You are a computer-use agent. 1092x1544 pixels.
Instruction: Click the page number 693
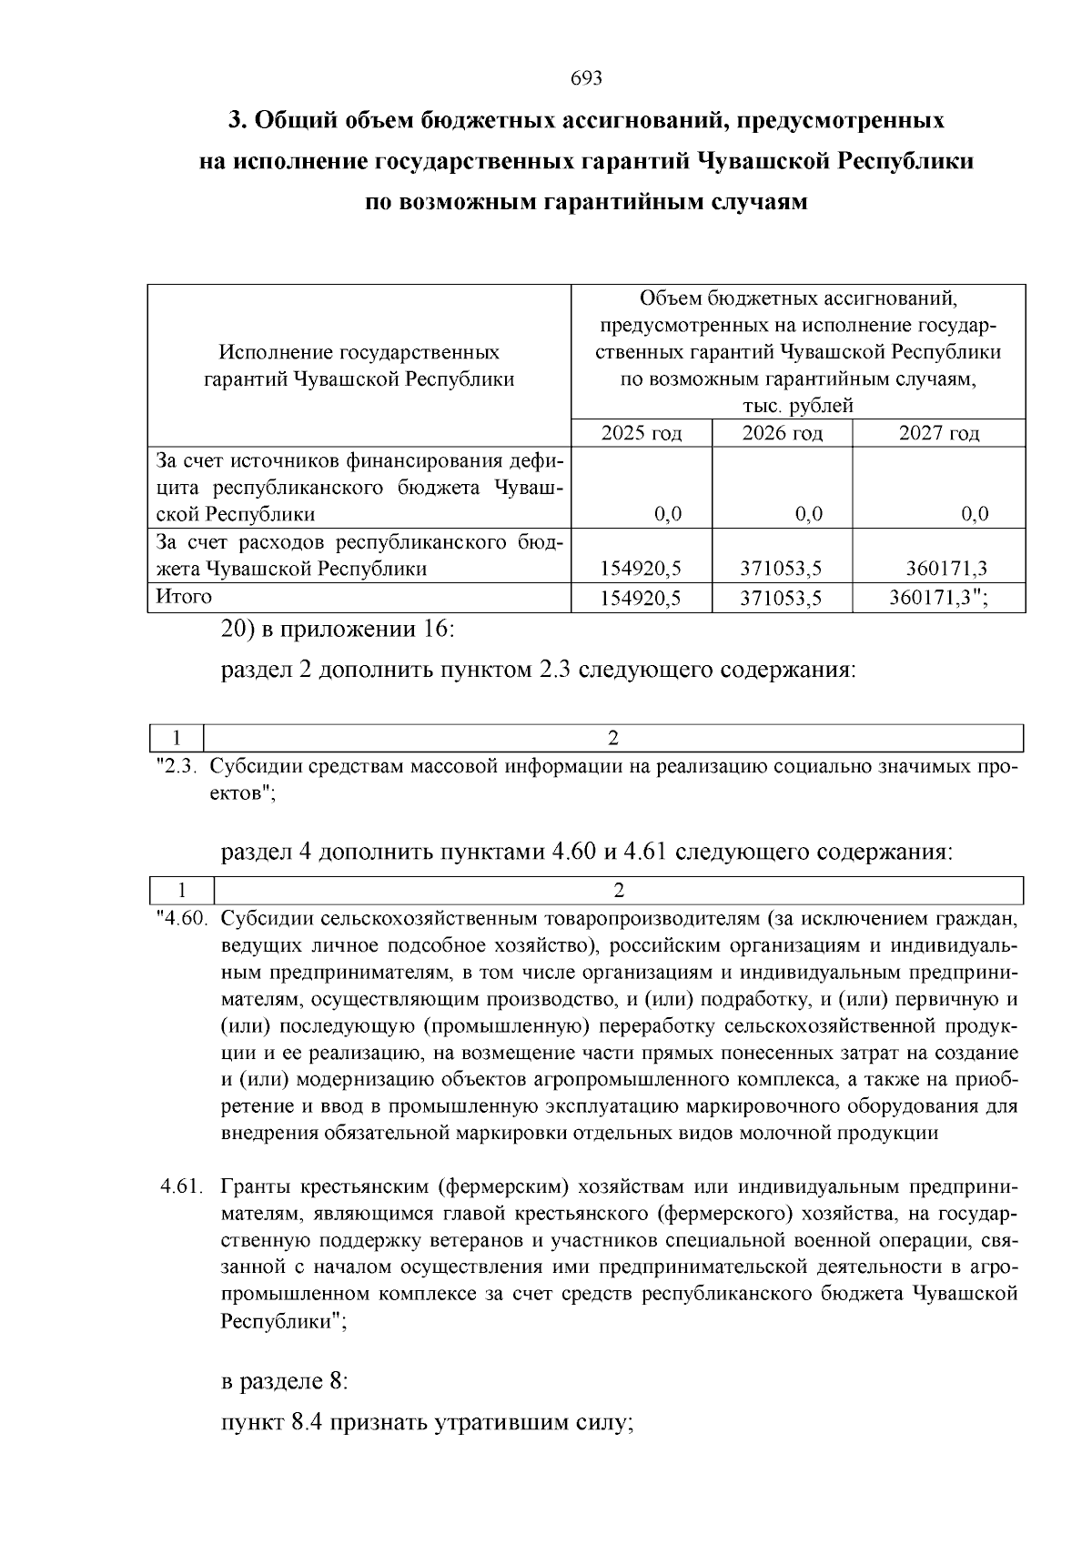586,78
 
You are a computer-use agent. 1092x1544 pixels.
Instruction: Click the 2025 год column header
642,433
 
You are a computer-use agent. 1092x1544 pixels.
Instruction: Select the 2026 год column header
783,433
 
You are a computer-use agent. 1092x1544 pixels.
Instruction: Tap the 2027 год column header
939,433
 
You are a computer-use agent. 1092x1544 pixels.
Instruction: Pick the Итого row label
184,597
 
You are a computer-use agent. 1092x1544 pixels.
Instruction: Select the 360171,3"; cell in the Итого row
938,598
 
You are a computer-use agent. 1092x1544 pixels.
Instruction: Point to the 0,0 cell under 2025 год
668,515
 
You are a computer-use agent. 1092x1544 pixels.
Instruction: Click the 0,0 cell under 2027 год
975,515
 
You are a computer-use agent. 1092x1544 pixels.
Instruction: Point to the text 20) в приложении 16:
337,630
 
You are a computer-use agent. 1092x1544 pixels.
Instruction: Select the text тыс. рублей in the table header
798,406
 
